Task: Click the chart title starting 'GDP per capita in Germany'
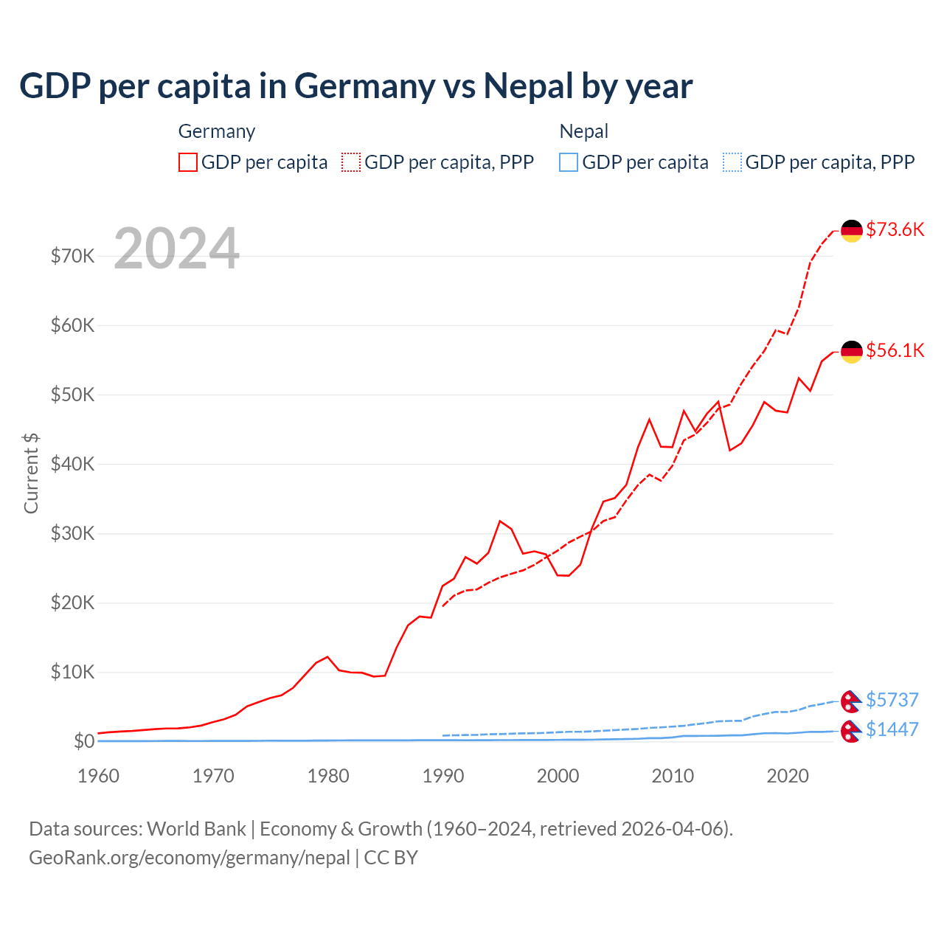point(355,86)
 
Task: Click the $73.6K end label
point(895,229)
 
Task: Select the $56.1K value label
point(895,350)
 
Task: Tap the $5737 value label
point(892,699)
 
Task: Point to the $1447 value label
point(892,729)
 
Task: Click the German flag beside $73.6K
point(852,231)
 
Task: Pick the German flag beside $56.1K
point(852,352)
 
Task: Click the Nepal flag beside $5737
point(851,701)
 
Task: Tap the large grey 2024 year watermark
point(176,249)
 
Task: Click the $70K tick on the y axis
point(72,256)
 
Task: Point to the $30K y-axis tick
point(72,533)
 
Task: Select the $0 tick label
point(83,741)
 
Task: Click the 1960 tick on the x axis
point(98,776)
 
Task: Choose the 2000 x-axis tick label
point(558,776)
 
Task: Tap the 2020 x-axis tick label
point(788,776)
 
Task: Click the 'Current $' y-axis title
point(31,473)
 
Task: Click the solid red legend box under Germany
point(188,162)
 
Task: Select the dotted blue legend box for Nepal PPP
point(732,162)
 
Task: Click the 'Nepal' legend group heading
point(583,131)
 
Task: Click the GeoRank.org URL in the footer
point(190,858)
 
